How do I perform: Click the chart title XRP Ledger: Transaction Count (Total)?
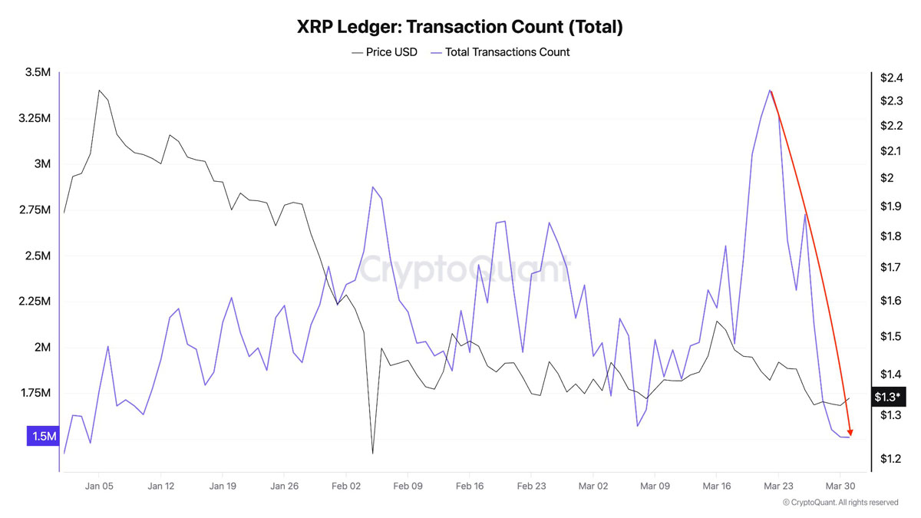(460, 27)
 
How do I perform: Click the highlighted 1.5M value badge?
(43, 437)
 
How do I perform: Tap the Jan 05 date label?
(99, 486)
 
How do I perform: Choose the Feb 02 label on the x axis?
(346, 486)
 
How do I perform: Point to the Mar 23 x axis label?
(778, 486)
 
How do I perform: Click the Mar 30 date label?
(840, 486)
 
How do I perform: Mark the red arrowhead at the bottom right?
(850, 431)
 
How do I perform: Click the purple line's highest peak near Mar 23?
(770, 90)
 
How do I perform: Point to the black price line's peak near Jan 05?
(99, 90)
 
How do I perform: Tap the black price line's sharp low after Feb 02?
(372, 453)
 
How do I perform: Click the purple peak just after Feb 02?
(372, 186)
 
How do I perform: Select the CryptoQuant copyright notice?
(840, 503)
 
